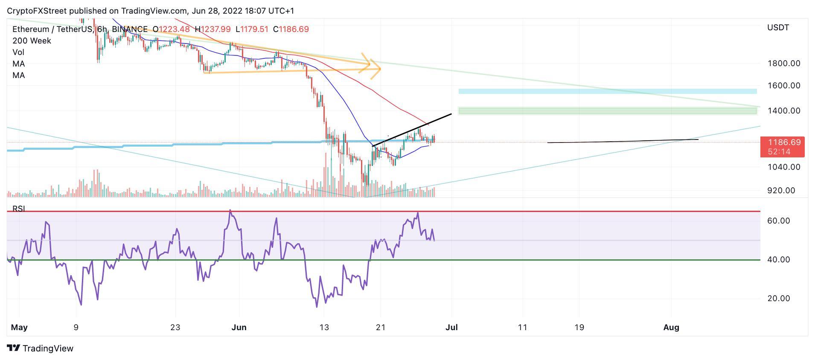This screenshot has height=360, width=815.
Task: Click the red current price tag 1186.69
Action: pyautogui.click(x=782, y=142)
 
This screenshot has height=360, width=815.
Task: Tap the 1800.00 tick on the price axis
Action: pyautogui.click(x=783, y=64)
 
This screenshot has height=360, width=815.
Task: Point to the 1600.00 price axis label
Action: pyautogui.click(x=783, y=86)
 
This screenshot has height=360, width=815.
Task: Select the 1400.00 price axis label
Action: pyautogui.click(x=783, y=111)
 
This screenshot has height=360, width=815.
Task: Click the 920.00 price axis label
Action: pyautogui.click(x=781, y=191)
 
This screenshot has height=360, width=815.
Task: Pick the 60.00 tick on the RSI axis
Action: pyautogui.click(x=779, y=221)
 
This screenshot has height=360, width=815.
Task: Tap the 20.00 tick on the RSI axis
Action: pyautogui.click(x=779, y=299)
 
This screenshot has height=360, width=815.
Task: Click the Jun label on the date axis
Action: pyautogui.click(x=239, y=328)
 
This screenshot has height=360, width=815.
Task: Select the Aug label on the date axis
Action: pyautogui.click(x=671, y=328)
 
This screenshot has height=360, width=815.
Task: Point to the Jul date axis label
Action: pyautogui.click(x=451, y=328)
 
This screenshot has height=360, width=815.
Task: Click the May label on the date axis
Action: pyautogui.click(x=19, y=328)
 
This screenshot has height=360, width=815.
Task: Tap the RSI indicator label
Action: pyautogui.click(x=19, y=209)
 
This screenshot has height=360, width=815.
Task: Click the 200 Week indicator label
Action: pyautogui.click(x=32, y=41)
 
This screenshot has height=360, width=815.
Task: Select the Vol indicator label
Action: pyautogui.click(x=18, y=52)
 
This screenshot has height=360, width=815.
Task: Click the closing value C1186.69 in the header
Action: pyautogui.click(x=291, y=29)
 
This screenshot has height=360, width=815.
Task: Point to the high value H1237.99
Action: pyautogui.click(x=212, y=29)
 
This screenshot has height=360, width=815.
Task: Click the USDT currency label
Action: pyautogui.click(x=777, y=28)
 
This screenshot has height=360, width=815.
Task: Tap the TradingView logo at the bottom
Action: pyautogui.click(x=41, y=348)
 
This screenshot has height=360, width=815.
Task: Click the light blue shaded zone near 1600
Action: pyautogui.click(x=607, y=91)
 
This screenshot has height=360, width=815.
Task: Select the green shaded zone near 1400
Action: pyautogui.click(x=607, y=111)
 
